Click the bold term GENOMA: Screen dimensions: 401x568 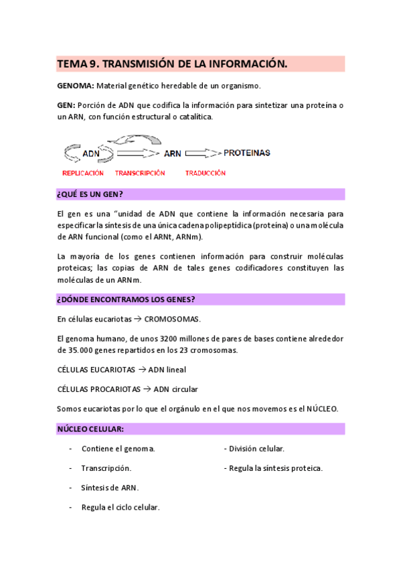(75, 86)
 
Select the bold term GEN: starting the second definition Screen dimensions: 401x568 (66, 105)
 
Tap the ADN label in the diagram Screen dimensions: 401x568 (90, 153)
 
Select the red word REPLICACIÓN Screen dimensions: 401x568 (83, 173)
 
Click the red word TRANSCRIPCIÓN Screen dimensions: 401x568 (140, 173)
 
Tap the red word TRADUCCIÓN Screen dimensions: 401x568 (206, 173)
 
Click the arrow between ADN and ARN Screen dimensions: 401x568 (137, 153)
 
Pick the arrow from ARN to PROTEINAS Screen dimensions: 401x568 (202, 153)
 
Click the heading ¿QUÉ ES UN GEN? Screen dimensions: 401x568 (90, 194)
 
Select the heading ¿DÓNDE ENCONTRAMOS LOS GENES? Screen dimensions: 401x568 (127, 299)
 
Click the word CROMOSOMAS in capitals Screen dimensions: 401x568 (172, 319)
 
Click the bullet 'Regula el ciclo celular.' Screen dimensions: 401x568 (121, 507)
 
